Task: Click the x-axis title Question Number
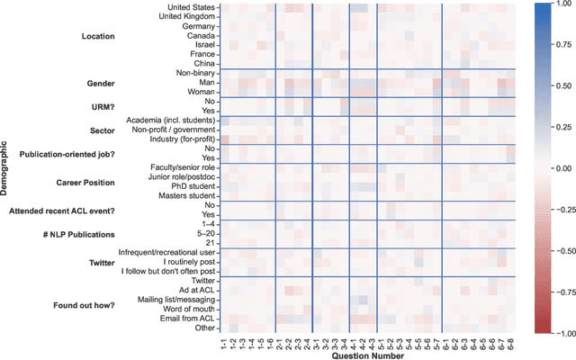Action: click(x=367, y=355)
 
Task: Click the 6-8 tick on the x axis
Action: click(x=510, y=343)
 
